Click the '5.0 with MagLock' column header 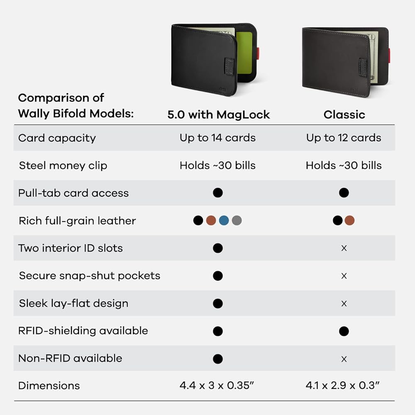point(219,115)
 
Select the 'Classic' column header point(344,115)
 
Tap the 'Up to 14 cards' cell point(217,138)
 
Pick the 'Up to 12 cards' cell point(344,138)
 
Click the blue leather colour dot point(224,220)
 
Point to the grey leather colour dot point(237,220)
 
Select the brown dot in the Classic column point(349,220)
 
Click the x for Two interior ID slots point(344,248)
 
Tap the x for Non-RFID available point(344,359)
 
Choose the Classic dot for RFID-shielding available point(344,331)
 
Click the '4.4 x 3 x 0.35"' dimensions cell point(217,386)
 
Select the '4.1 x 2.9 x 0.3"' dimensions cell point(343,386)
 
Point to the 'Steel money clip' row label point(63,166)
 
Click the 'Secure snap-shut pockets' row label point(90,276)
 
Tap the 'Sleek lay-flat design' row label point(73,303)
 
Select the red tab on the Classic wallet point(389,55)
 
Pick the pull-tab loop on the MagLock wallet point(229,66)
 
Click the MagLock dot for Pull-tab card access point(217,193)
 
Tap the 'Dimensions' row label point(49,386)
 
